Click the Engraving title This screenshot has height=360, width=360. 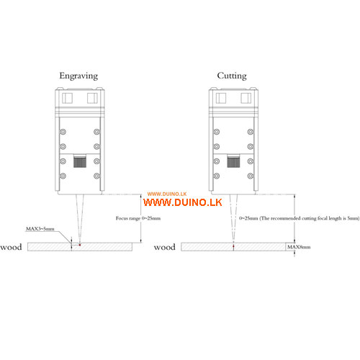point(78,76)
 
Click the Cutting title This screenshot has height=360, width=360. point(232,76)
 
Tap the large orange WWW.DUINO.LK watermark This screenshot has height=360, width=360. point(183,202)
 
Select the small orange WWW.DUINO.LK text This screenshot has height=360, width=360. point(167,194)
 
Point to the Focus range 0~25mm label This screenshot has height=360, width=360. point(138,218)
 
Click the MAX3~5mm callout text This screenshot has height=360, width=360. point(40,229)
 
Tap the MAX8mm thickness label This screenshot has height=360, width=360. point(299,247)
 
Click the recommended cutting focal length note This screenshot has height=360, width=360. point(300,218)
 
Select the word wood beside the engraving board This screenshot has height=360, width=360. point(11,247)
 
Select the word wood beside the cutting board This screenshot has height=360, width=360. point(165,247)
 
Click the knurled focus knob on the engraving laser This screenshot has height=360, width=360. point(80,161)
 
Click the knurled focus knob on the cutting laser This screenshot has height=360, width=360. point(233,161)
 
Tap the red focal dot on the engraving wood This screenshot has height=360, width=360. point(80,245)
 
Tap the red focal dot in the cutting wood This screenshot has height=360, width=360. point(233,246)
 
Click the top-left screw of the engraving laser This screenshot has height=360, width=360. point(63,132)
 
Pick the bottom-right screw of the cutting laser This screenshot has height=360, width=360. point(251,176)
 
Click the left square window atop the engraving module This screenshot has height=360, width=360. point(67,98)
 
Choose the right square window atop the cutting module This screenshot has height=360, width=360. point(246,98)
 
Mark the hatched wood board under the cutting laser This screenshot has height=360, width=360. point(233,247)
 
